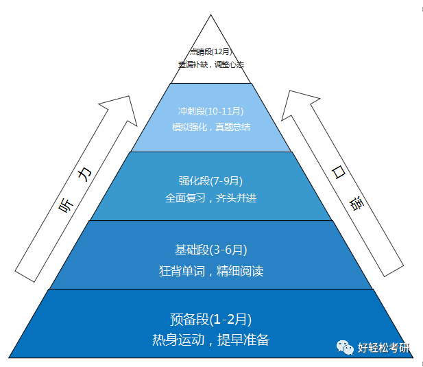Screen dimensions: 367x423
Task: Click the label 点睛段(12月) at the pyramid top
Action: pyautogui.click(x=211, y=51)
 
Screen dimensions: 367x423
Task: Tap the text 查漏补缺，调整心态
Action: pyautogui.click(x=211, y=64)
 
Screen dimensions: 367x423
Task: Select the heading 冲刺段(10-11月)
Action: pyautogui.click(x=211, y=111)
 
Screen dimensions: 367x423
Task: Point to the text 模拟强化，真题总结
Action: pyautogui.click(x=211, y=127)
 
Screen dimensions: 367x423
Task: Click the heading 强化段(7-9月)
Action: pyautogui.click(x=210, y=180)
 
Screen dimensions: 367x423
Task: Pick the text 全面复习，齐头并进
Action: pyautogui.click(x=210, y=198)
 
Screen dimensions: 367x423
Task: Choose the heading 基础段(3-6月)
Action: pyautogui.click(x=210, y=250)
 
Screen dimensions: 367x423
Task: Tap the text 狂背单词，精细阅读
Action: pyautogui.click(x=210, y=270)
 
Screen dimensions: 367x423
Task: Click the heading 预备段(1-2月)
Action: pyautogui.click(x=210, y=319)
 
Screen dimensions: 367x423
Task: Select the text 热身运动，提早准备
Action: pyautogui.click(x=210, y=340)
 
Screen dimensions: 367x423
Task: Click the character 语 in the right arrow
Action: pyautogui.click(x=356, y=205)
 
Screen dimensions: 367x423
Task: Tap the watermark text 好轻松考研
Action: pyautogui.click(x=383, y=348)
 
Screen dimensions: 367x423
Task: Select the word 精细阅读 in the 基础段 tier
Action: pyautogui.click(x=238, y=270)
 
